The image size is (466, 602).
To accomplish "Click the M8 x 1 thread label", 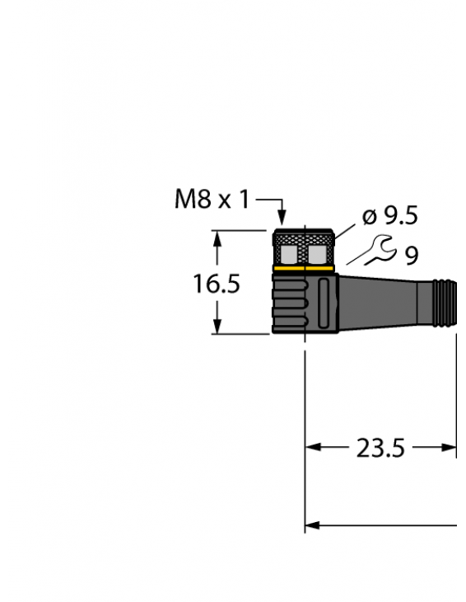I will click(211, 200).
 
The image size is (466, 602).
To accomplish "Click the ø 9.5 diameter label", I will click(390, 216).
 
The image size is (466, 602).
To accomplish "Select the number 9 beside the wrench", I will click(411, 256).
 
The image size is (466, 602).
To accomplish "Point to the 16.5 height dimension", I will click(216, 285).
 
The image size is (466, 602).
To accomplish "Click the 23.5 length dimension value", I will click(380, 449).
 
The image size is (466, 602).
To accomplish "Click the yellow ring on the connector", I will click(303, 269).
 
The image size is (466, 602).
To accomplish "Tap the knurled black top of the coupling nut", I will click(303, 234).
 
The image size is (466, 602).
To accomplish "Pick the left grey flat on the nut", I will click(291, 253).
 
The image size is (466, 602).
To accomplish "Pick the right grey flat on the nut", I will click(317, 253).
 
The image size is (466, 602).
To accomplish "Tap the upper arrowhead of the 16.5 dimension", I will click(217, 238).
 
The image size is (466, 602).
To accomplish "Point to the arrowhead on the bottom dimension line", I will click(312, 524).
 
